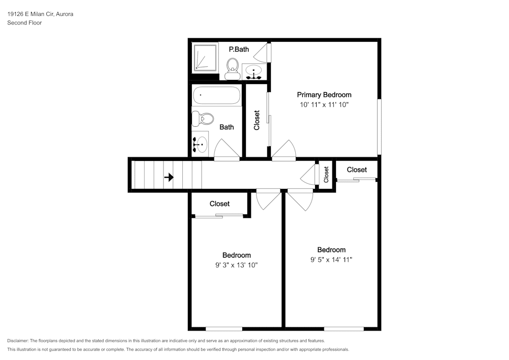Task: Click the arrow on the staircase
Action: (169, 177)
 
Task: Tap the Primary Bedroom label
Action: (324, 95)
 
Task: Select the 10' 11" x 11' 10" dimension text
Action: (324, 104)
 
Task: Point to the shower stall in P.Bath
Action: (205, 58)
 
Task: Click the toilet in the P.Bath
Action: (232, 69)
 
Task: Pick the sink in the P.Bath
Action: (253, 71)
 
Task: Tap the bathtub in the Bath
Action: (216, 95)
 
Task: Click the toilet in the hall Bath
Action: (202, 119)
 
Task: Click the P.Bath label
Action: (239, 49)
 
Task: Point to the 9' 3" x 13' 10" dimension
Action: (236, 265)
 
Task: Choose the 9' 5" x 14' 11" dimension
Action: (331, 259)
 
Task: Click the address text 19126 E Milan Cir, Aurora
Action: (40, 14)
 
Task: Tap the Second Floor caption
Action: (24, 23)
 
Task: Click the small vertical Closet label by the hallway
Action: (326, 175)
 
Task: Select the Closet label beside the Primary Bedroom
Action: (257, 120)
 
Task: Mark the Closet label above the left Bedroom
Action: (219, 204)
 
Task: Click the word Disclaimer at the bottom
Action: (17, 341)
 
